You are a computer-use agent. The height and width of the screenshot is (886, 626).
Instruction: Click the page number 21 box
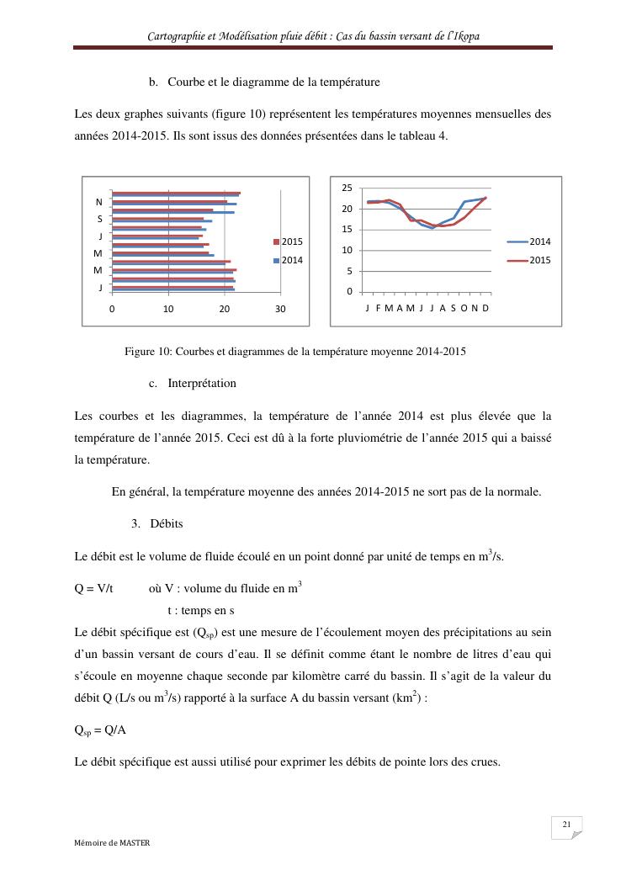coord(567,825)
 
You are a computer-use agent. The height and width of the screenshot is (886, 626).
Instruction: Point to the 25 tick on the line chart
coord(347,188)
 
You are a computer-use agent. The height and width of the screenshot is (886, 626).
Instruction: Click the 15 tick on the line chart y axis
coord(347,230)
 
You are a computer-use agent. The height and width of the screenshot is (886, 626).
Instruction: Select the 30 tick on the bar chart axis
coord(280,309)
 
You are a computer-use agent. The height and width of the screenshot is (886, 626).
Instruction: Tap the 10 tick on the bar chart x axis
coord(168,309)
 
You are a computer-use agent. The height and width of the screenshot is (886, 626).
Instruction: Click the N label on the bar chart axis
coord(99,203)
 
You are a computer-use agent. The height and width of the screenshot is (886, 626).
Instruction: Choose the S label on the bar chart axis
coord(99,219)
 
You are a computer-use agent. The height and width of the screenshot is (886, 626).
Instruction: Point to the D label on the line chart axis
coord(485,309)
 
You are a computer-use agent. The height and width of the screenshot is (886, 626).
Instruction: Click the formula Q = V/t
coord(94,589)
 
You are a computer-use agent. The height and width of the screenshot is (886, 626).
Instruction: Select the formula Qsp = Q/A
coord(100,729)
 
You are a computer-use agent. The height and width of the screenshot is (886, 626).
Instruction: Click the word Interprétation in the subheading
coord(202,384)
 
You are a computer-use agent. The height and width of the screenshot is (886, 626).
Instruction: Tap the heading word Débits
coord(167,523)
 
